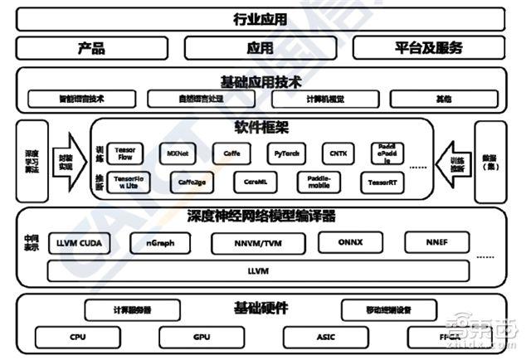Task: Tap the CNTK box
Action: click(x=338, y=153)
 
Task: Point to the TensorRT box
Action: click(x=382, y=182)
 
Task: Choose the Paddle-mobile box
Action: click(x=318, y=181)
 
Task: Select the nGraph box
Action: click(x=160, y=243)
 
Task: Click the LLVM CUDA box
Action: click(x=79, y=243)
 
